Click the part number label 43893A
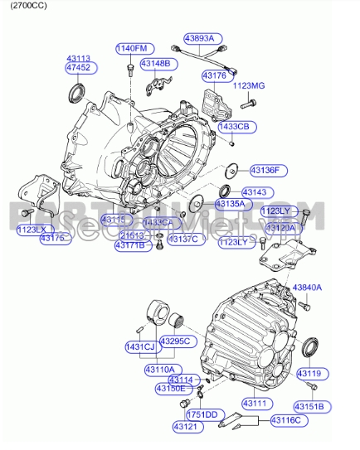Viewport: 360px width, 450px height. tap(199, 38)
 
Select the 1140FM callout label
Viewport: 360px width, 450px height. tap(130, 48)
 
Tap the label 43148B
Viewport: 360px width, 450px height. tap(155, 63)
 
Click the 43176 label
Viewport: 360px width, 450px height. tap(214, 75)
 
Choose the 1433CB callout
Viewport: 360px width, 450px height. tap(233, 126)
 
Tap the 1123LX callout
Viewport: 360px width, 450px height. tap(33, 229)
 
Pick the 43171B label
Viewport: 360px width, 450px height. tap(129, 245)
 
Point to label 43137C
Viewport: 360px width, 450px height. tap(182, 240)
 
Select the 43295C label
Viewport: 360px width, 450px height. tap(175, 341)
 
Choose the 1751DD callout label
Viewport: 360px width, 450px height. tap(201, 414)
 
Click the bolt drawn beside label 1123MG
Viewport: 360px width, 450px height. tap(248, 105)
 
